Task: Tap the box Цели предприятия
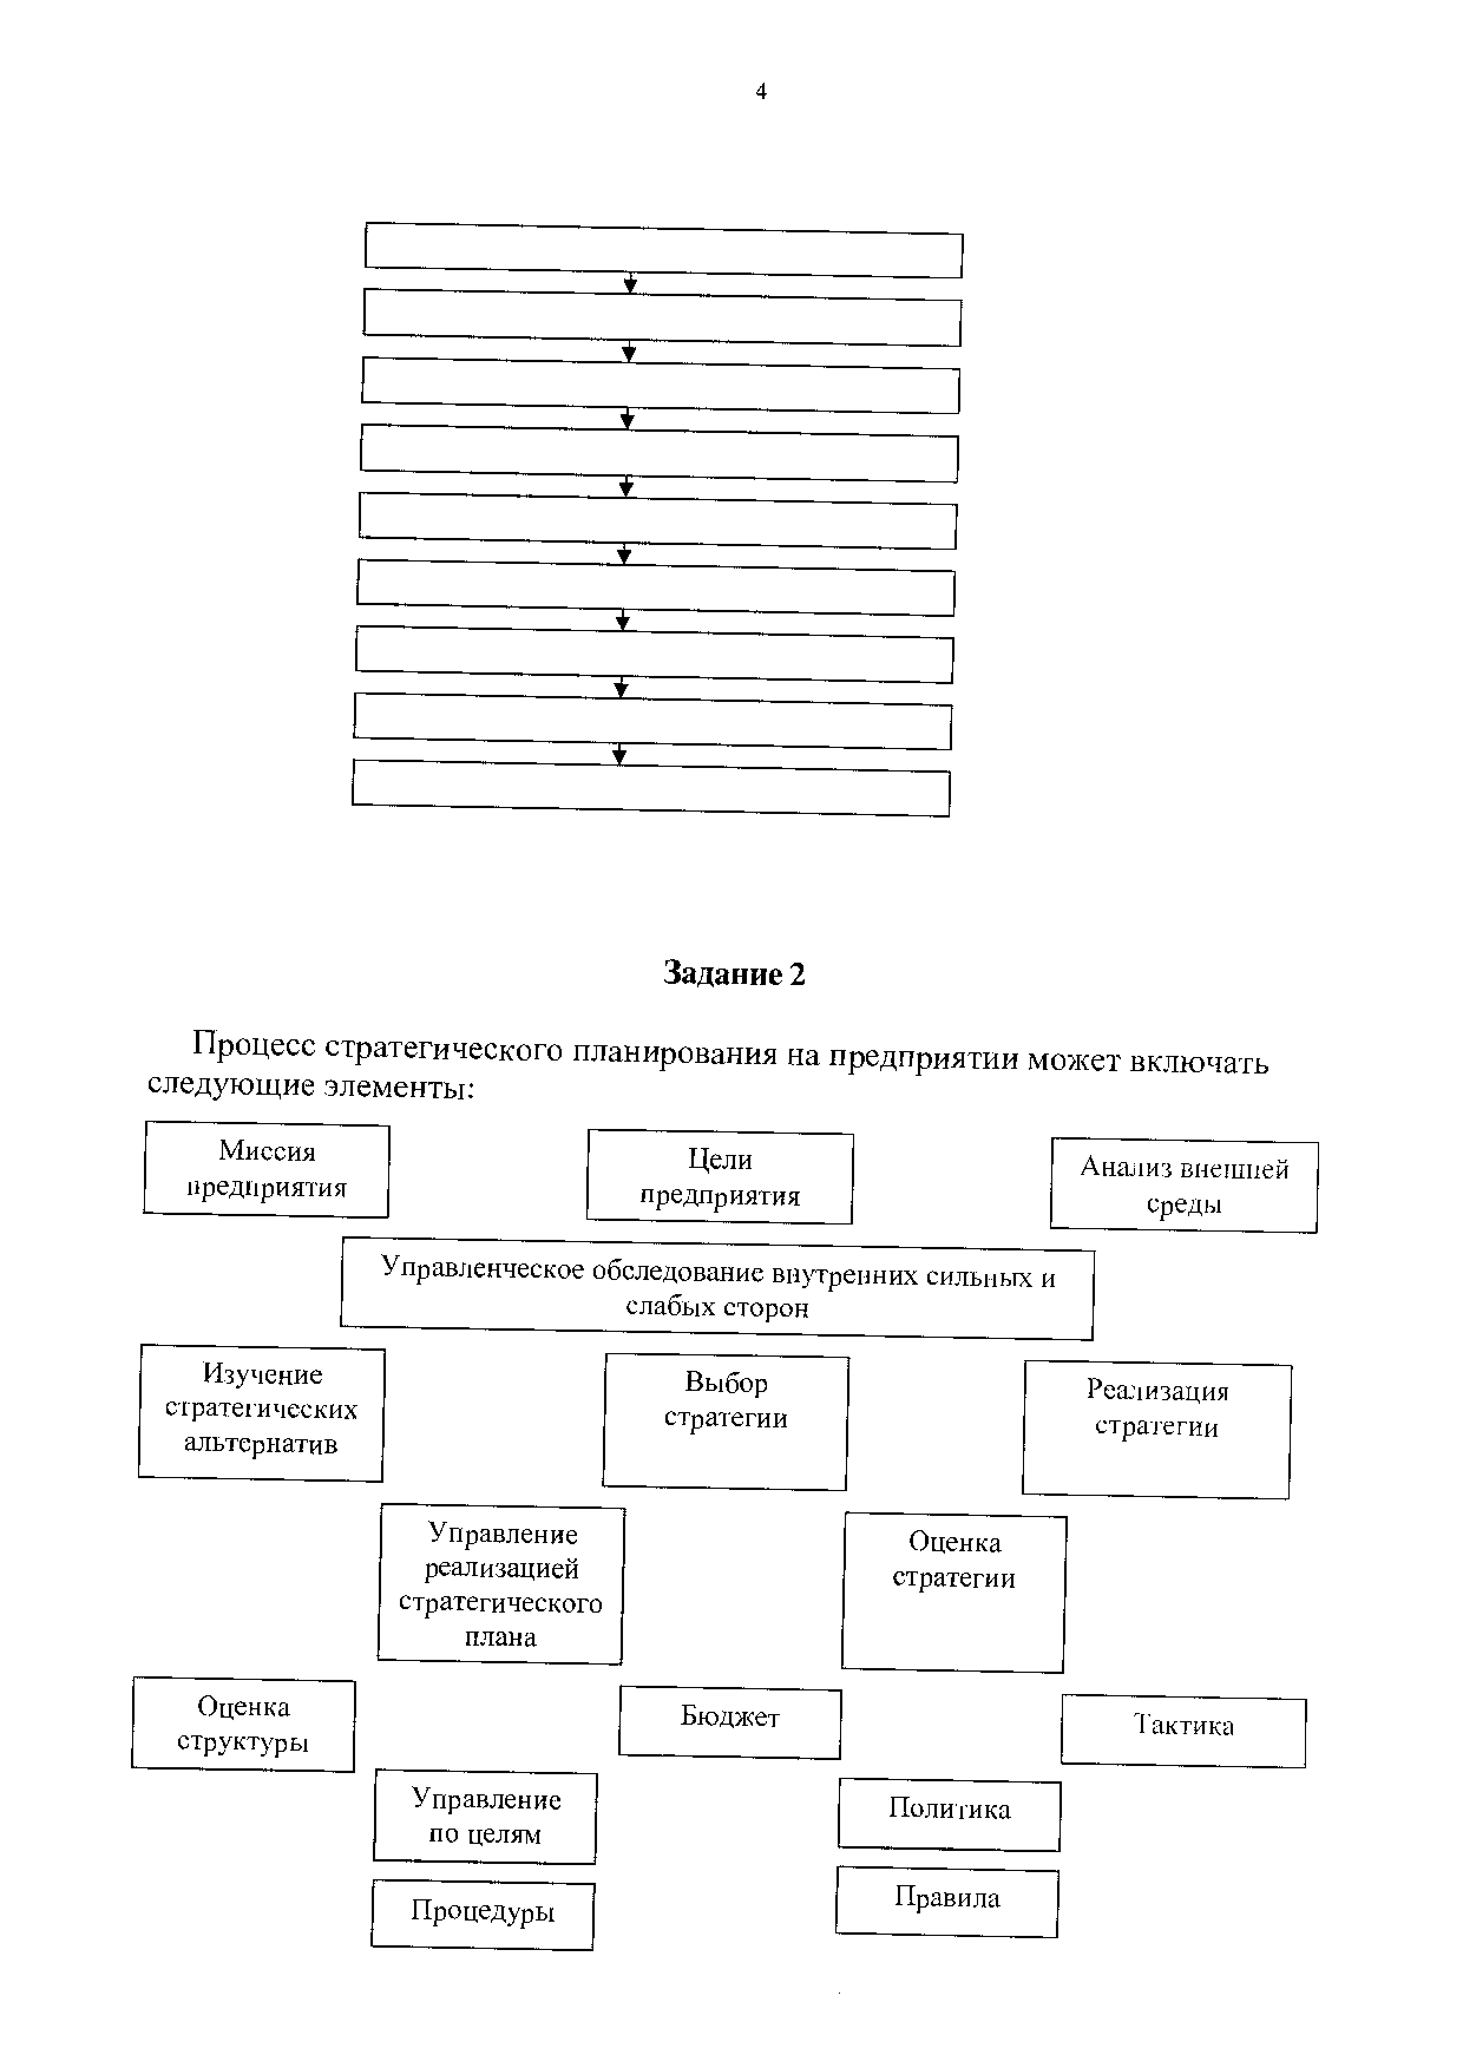[720, 1177]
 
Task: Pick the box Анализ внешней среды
[1184, 1186]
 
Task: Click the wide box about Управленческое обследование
[717, 1289]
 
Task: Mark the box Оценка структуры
[243, 1724]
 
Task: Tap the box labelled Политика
[950, 1810]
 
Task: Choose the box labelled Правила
[947, 1898]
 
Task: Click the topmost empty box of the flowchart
[664, 251]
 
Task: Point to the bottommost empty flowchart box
[651, 788]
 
